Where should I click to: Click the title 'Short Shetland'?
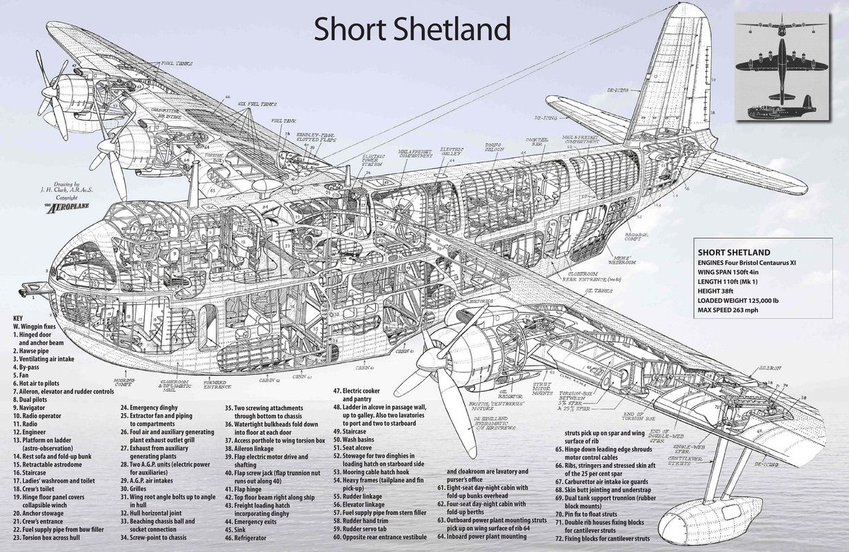coord(412,29)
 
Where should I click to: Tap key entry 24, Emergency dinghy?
coord(154,408)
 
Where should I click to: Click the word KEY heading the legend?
coord(18,318)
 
